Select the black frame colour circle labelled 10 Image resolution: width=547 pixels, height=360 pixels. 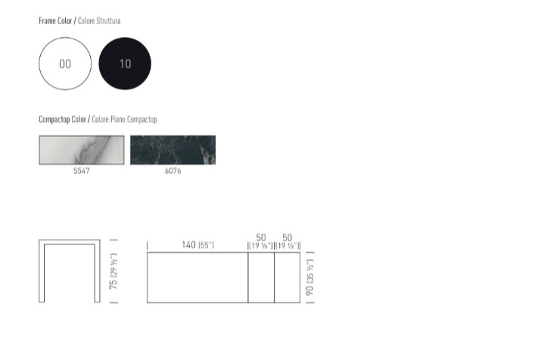pos(125,64)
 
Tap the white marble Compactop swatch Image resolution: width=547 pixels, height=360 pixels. pos(82,150)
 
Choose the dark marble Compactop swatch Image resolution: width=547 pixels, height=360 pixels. pos(173,150)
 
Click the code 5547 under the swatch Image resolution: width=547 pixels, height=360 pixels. pos(82,171)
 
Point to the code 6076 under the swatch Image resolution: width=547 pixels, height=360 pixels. pos(173,171)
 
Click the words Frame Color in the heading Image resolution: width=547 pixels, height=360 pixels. pos(55,21)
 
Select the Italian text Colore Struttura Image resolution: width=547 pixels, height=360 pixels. pos(99,21)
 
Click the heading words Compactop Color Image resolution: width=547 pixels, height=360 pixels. pos(63,119)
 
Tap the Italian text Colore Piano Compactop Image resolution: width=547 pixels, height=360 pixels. pos(124,119)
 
